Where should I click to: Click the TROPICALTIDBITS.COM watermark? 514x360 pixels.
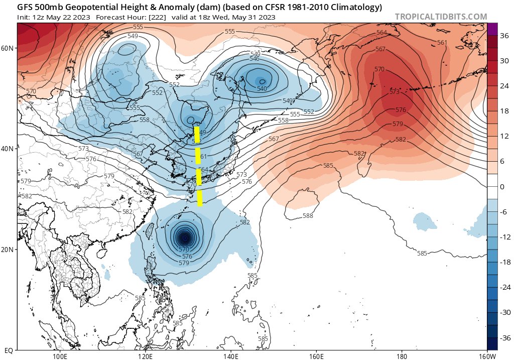point(441,17)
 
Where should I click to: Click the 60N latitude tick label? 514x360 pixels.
point(8,48)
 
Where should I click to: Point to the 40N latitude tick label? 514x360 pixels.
point(8,149)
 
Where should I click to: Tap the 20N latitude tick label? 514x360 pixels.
point(8,250)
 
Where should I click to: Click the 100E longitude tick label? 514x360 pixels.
point(60,355)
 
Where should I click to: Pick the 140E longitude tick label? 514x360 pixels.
point(230,355)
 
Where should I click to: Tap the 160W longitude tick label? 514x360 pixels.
point(486,355)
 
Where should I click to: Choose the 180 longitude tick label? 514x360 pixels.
point(402,355)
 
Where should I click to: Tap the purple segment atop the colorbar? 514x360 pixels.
point(492,29)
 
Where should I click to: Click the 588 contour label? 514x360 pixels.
point(308,216)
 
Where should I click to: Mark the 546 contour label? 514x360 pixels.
point(254,59)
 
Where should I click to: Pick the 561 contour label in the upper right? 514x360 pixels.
point(442,43)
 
